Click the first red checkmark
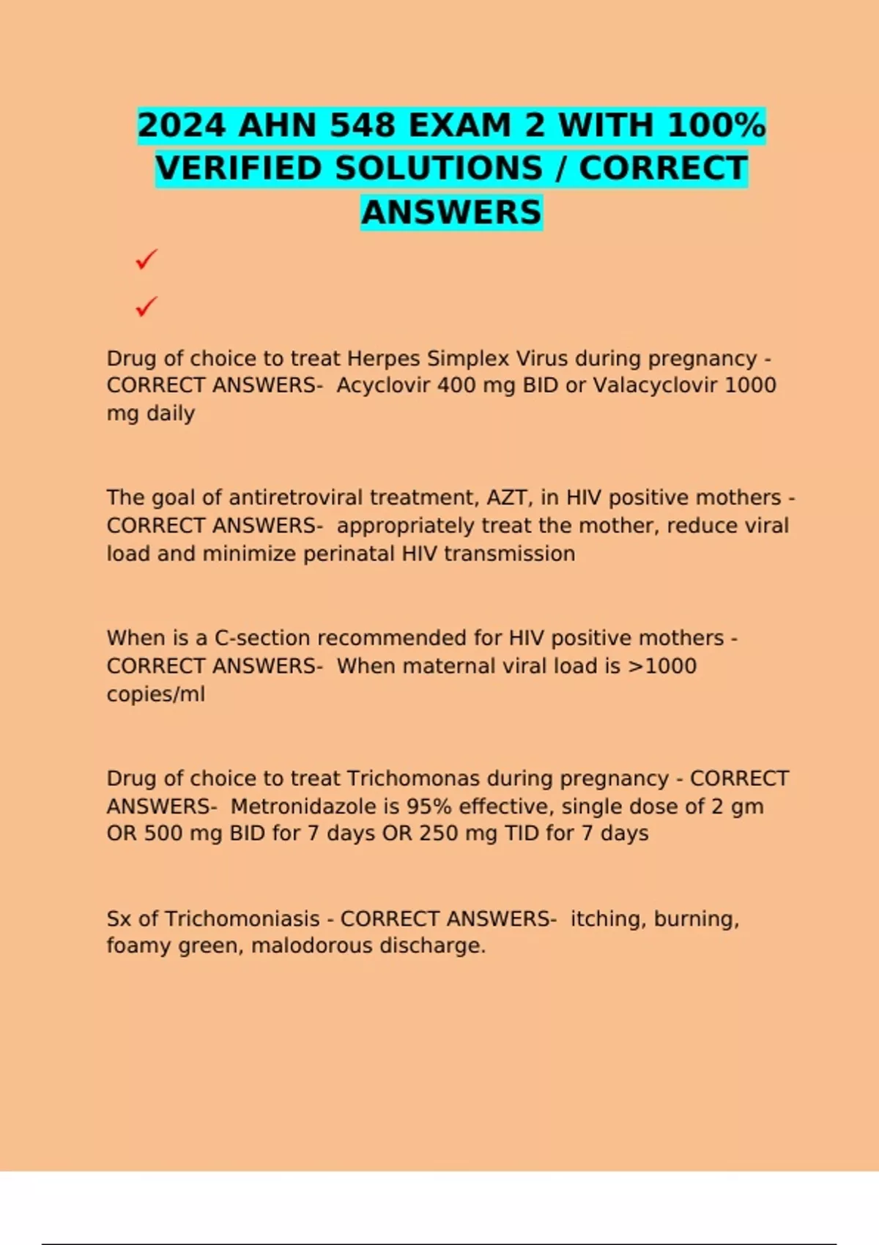pos(146,259)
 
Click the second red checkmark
pos(146,306)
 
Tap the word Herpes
pos(383,358)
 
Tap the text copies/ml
pos(156,694)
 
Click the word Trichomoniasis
pos(242,918)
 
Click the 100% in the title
pos(716,125)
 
